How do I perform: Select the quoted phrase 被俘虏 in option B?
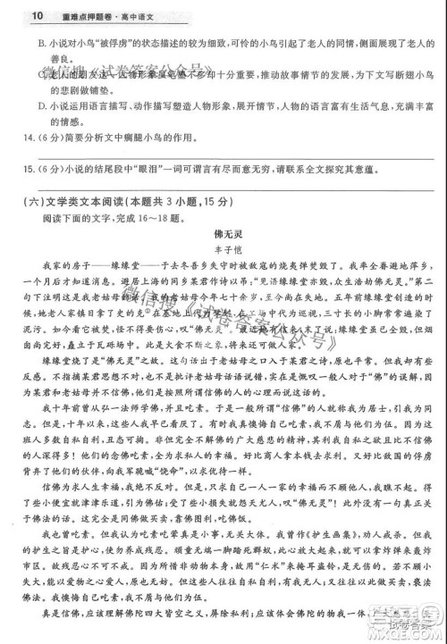(x=115, y=43)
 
